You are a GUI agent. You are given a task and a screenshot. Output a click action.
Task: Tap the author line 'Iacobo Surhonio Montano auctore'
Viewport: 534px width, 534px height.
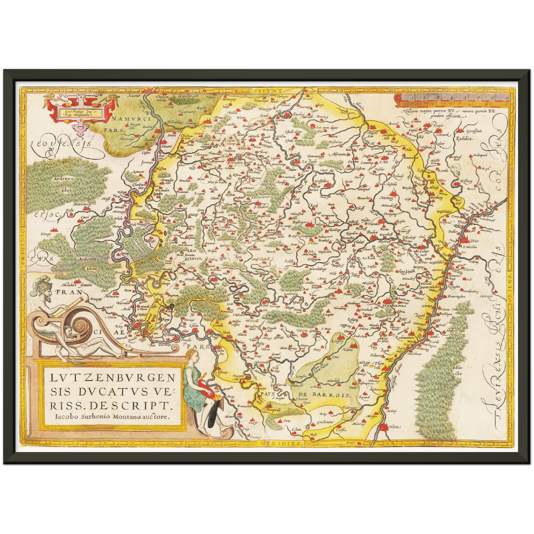pos(109,415)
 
